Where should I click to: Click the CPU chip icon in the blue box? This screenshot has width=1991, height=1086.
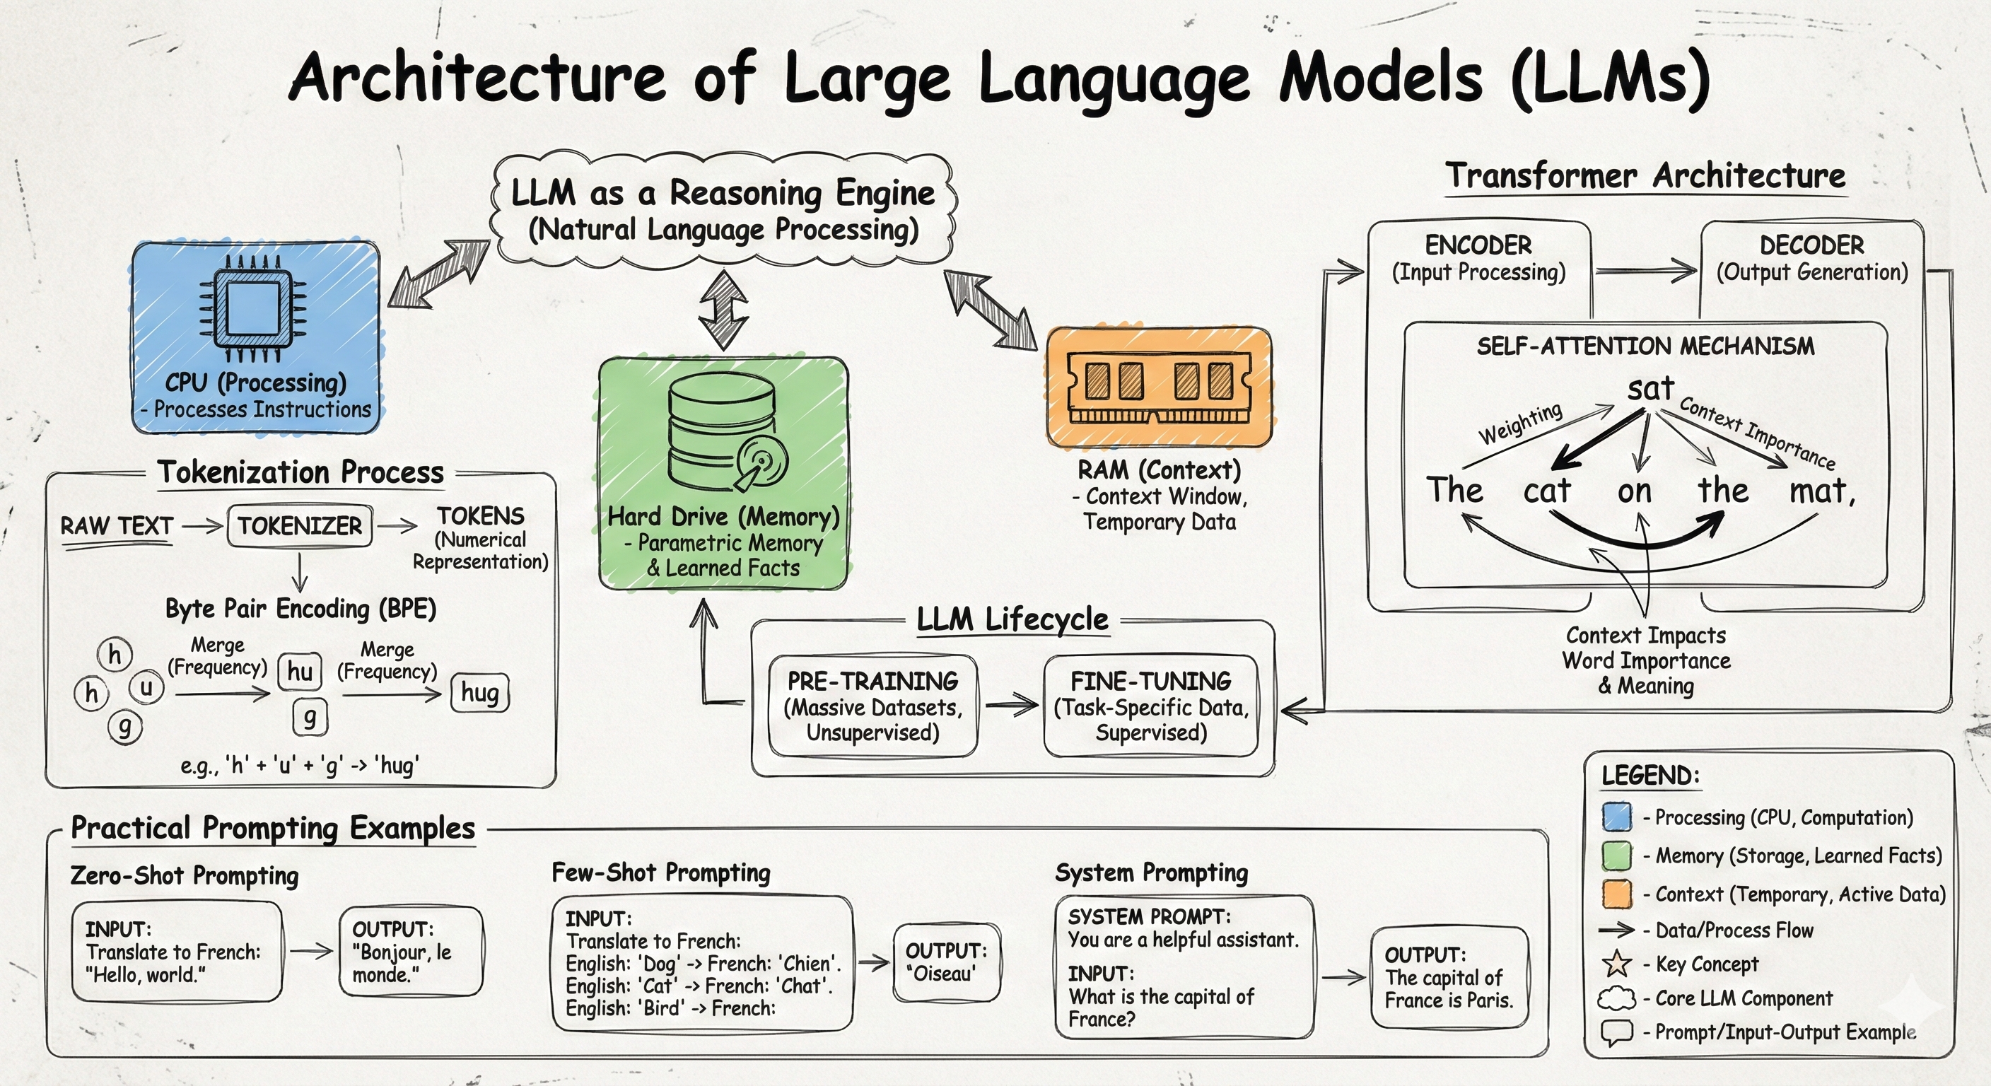252,308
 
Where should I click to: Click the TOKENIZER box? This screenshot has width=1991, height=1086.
300,526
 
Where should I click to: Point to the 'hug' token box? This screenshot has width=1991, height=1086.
479,693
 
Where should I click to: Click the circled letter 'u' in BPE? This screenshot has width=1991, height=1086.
146,687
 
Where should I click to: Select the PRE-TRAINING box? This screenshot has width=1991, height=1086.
872,706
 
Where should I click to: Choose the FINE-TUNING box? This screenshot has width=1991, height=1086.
1151,706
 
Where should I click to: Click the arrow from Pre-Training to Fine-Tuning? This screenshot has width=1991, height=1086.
1011,704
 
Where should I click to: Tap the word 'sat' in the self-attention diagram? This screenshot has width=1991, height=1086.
1650,389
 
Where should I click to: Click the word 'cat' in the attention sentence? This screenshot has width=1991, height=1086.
1546,491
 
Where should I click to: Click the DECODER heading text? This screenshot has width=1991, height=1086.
1811,246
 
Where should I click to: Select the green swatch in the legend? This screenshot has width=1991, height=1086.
1617,856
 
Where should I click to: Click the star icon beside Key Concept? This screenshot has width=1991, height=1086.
1617,964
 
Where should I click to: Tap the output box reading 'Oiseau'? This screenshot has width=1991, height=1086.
946,962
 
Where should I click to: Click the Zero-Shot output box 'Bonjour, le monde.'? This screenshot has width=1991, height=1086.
410,952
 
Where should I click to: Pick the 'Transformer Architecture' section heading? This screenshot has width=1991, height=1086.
1645,176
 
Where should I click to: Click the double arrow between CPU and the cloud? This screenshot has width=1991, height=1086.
438,274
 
